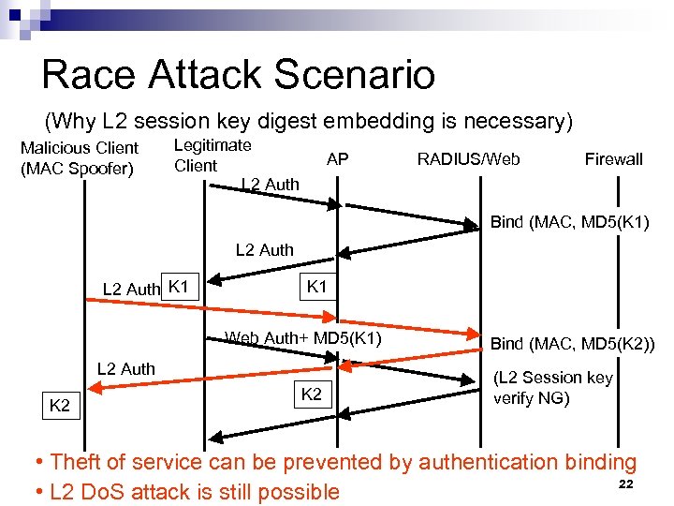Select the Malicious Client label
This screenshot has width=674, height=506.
[x=79, y=157]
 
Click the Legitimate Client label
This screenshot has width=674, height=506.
[x=212, y=155]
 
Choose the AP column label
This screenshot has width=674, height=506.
[x=337, y=159]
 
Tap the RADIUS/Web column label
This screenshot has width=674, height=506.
[x=468, y=159]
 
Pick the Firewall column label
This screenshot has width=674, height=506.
[x=613, y=159]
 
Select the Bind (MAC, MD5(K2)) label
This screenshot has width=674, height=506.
[x=573, y=345]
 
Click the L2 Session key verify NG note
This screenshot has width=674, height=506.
[x=553, y=386]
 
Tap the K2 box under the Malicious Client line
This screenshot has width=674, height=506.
[x=59, y=405]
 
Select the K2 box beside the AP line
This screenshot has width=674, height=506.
[x=311, y=394]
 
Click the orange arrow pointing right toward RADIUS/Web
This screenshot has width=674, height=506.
[x=281, y=317]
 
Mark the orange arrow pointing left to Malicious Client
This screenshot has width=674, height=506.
[x=215, y=377]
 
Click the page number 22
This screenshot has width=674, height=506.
[x=627, y=484]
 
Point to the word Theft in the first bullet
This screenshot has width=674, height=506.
[x=74, y=462]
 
